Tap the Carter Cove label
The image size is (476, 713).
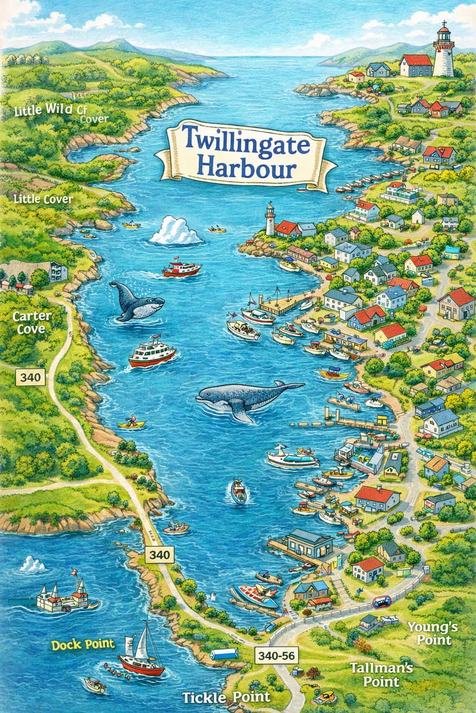[x=32, y=323]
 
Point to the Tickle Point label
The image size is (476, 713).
[x=226, y=697]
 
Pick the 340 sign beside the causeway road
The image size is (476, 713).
[x=159, y=554]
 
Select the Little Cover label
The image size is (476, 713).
[x=44, y=200]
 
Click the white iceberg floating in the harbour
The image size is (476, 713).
[x=176, y=231]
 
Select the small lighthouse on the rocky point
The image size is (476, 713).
[x=270, y=220]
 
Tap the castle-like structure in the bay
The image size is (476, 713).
[x=63, y=596]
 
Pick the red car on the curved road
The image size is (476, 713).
[x=382, y=602]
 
